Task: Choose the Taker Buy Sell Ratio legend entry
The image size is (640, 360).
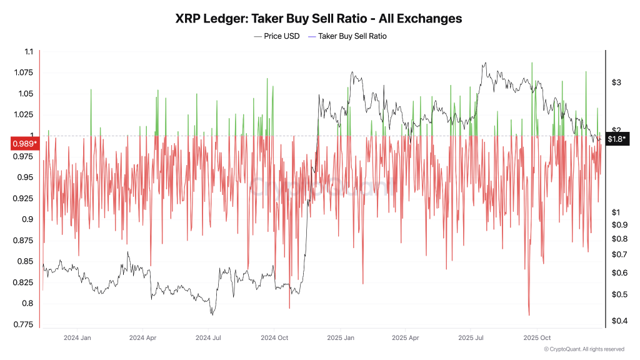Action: coord(352,36)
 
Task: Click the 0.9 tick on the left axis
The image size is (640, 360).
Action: coord(28,219)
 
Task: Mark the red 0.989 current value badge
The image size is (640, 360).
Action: coord(24,144)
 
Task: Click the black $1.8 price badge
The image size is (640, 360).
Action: coord(616,139)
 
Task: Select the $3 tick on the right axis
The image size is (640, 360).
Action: coord(616,82)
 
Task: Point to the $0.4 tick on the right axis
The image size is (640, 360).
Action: coord(619,321)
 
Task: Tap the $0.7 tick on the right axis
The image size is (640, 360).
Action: coord(619,254)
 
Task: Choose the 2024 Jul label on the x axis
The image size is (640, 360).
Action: coord(208,337)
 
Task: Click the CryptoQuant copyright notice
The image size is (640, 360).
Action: coord(584,349)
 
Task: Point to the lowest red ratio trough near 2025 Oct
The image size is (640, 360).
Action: coord(529,315)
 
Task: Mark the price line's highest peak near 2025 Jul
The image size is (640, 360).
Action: coord(484,63)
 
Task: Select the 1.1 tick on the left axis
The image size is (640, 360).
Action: coord(28,52)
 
